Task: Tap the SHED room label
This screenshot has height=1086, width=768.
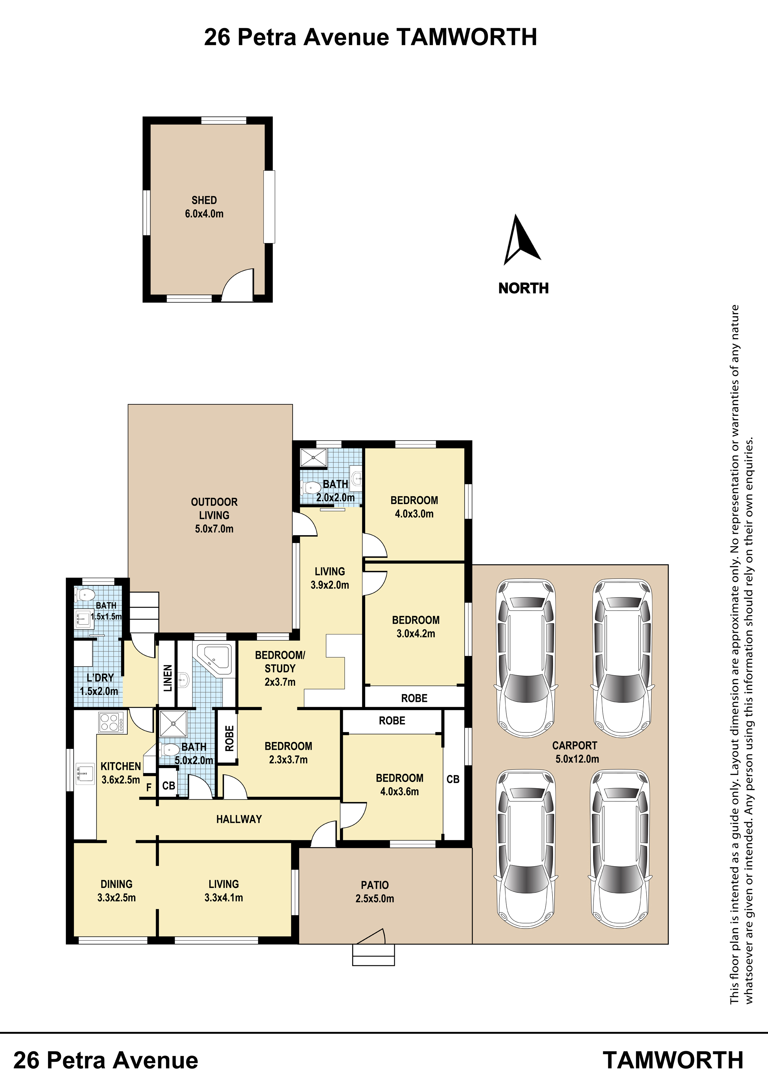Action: pos(204,200)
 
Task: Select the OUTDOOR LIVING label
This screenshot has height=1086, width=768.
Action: pos(214,508)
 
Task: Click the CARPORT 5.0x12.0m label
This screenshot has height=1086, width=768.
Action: pos(576,752)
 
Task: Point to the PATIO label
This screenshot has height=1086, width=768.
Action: pos(375,885)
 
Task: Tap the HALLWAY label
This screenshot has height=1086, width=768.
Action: pos(239,819)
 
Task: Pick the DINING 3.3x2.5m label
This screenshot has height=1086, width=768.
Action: pos(116,891)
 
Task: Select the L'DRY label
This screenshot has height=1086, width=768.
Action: pos(100,678)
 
